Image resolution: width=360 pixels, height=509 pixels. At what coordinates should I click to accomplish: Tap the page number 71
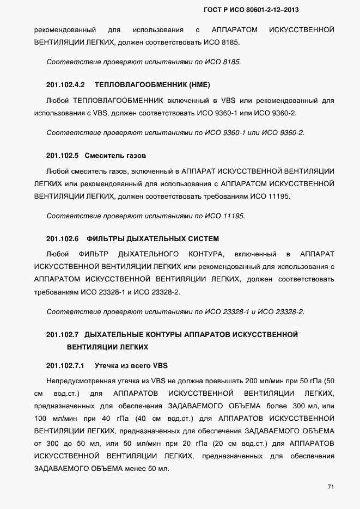tap(330, 487)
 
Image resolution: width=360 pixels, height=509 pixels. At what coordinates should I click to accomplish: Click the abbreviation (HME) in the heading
tap(198, 85)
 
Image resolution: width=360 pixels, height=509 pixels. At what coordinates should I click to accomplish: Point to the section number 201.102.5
tap(63, 156)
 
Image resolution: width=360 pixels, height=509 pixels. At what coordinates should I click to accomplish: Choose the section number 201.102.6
tap(63, 239)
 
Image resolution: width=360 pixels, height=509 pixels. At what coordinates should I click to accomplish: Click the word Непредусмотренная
tap(77, 380)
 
